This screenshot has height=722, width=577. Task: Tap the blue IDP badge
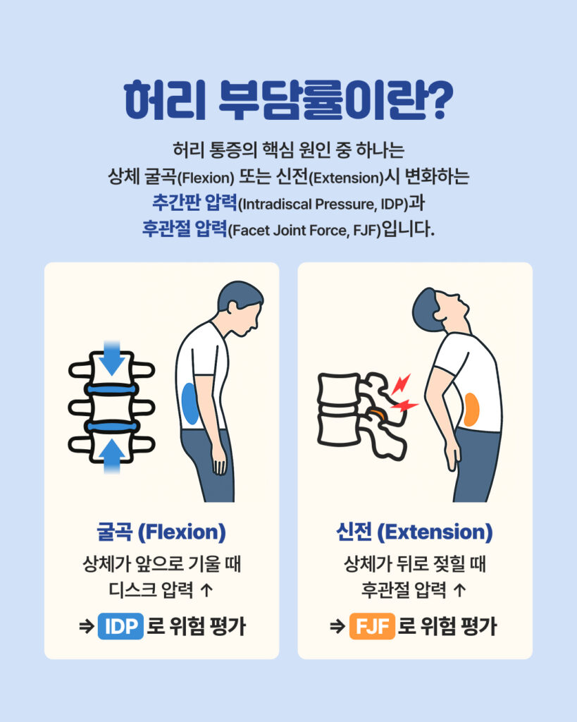tap(120, 626)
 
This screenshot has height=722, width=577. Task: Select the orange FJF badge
tap(372, 626)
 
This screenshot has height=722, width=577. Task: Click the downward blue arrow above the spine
tap(111, 357)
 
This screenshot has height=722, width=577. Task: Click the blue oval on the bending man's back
tap(190, 404)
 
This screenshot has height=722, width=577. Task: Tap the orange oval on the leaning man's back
tap(471, 410)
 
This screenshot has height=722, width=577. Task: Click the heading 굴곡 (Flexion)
tap(161, 532)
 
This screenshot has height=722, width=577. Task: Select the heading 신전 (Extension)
tap(414, 532)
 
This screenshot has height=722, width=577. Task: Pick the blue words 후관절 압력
tap(184, 229)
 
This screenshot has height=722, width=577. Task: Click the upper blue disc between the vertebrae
tap(112, 389)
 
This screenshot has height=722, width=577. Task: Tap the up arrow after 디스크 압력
tap(207, 590)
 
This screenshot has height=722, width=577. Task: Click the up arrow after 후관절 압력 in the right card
tap(459, 590)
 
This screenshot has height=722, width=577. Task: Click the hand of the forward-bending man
tap(219, 460)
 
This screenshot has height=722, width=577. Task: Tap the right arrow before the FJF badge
tap(337, 627)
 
